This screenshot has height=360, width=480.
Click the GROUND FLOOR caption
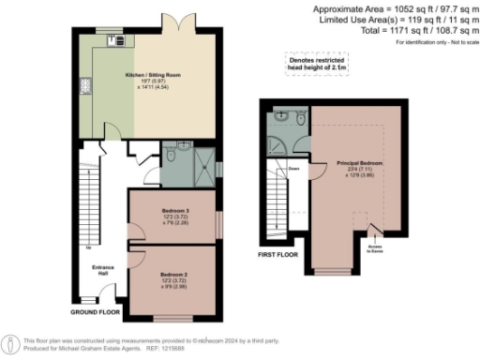(x=95, y=310)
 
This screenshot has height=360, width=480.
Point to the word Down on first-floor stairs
(x=293, y=170)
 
